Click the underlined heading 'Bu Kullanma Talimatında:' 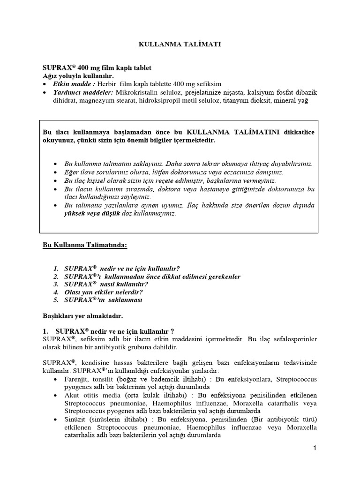coord(85,246)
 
